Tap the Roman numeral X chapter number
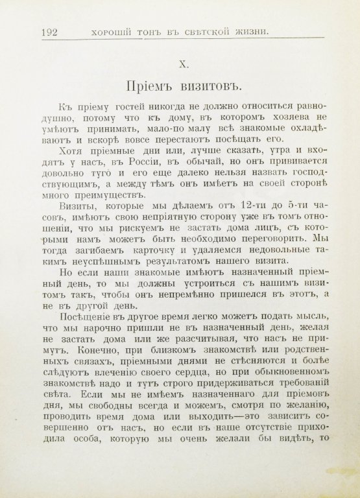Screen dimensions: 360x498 click(184, 64)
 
